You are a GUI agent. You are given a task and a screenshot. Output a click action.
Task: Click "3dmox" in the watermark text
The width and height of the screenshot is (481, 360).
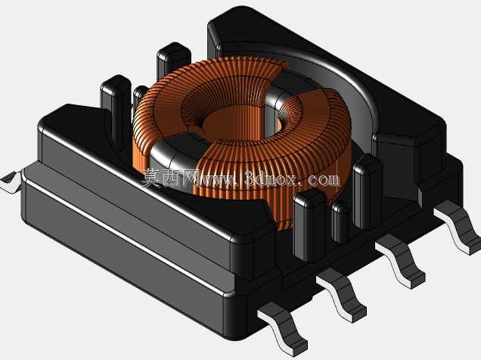point(272,179)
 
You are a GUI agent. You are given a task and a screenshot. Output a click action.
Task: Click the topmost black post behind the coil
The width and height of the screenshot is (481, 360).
point(173,61)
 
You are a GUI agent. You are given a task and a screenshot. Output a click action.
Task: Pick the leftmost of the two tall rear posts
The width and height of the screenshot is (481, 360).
point(116,107)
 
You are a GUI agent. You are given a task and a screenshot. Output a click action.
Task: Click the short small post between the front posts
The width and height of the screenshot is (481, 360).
point(340,222)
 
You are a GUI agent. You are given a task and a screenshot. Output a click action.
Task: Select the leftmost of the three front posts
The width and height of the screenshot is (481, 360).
point(309,225)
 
